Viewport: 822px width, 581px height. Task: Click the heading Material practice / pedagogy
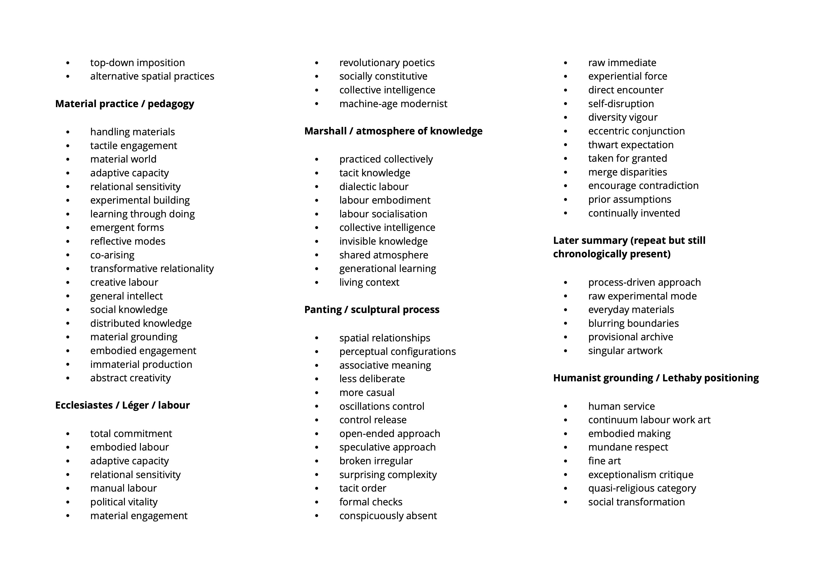124,104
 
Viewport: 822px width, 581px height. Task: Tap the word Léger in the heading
135,405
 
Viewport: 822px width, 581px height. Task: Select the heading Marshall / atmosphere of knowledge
393,131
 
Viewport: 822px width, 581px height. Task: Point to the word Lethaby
684,378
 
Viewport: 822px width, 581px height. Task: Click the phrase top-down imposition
138,63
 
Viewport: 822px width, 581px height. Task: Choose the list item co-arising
112,255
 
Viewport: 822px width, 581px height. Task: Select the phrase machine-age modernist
393,104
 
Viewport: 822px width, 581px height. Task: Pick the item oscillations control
382,406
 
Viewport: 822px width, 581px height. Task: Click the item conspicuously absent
388,516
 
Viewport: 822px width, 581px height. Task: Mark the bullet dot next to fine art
566,461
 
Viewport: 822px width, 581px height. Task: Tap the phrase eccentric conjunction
636,131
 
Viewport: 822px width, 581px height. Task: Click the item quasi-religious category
642,488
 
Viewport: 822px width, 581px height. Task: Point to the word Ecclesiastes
84,405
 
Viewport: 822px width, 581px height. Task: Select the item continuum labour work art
649,420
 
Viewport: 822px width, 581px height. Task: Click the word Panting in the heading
323,310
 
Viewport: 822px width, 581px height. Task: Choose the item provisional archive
630,337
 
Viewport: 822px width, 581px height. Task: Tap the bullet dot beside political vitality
68,503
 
